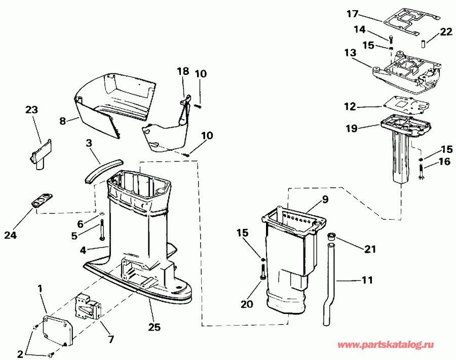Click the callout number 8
pyautogui.click(x=63, y=121)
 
